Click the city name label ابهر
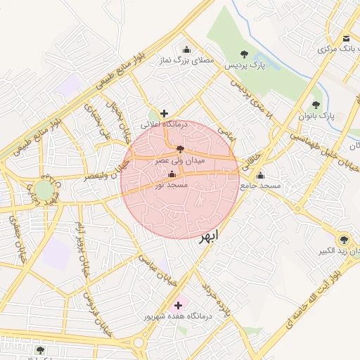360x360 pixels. point(209,235)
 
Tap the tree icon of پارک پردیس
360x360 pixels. point(244,53)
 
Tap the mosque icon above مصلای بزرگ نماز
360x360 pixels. point(186,49)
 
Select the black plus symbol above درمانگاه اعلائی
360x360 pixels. point(165,113)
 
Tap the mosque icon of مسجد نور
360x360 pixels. point(172,174)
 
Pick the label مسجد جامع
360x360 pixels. point(261,186)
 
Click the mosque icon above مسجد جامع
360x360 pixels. point(261,175)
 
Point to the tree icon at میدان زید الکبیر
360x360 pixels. point(344,240)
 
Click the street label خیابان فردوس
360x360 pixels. point(93,309)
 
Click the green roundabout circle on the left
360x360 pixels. point(44,190)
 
